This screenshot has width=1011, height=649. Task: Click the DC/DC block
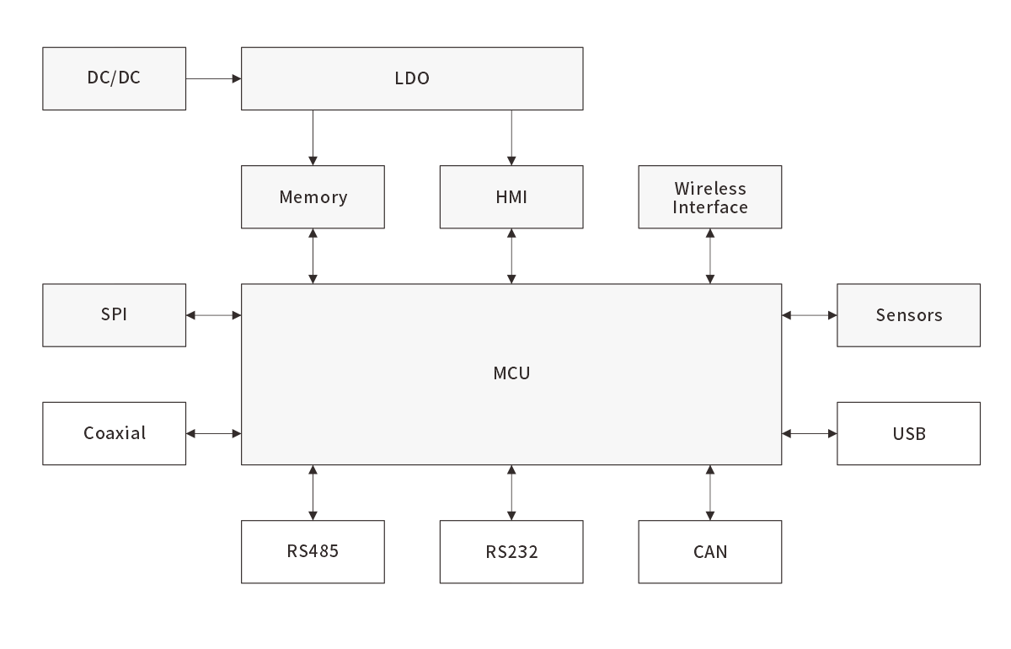point(114,78)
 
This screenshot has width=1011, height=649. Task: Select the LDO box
point(412,78)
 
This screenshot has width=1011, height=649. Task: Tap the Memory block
point(313,196)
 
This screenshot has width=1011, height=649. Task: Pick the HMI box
point(511,196)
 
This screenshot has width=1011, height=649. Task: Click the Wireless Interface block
point(710,196)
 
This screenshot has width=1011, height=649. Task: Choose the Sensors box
point(908,315)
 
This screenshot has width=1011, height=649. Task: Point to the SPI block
point(114,315)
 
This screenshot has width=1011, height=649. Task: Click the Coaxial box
point(114,433)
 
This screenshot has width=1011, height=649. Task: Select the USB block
point(908,433)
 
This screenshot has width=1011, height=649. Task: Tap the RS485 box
point(313,552)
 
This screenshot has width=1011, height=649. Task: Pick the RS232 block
point(511,552)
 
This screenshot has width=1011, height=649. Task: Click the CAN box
point(710,552)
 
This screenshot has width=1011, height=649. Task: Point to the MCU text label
point(511,373)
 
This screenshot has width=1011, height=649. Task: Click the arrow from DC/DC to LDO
point(213,78)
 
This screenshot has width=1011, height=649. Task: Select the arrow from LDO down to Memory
point(313,137)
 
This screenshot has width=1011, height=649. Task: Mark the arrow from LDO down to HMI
point(511,137)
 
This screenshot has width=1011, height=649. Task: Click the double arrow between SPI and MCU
point(213,315)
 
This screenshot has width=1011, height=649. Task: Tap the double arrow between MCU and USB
point(809,433)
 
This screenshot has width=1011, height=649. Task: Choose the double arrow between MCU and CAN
point(710,492)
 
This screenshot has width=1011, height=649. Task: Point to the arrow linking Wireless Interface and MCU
point(710,255)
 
